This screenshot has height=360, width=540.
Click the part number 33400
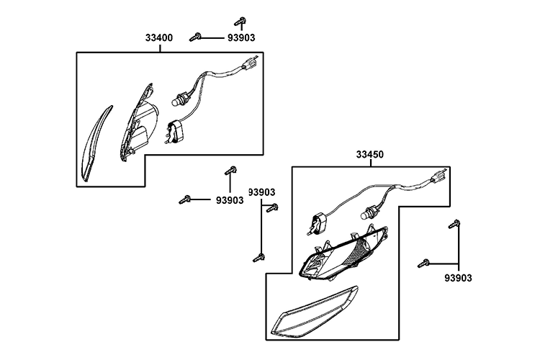point(158,38)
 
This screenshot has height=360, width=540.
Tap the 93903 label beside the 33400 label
point(239,38)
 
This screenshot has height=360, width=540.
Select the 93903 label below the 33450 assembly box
point(459,277)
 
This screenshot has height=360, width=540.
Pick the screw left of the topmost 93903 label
point(195,37)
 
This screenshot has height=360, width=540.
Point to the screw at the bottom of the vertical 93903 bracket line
point(257,255)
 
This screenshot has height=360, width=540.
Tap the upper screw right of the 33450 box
point(454,225)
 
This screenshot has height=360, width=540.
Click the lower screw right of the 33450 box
point(423,264)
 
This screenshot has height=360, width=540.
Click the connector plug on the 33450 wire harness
point(438,178)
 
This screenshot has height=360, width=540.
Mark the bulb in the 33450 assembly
point(369,213)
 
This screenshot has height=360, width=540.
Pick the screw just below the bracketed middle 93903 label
point(271,210)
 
